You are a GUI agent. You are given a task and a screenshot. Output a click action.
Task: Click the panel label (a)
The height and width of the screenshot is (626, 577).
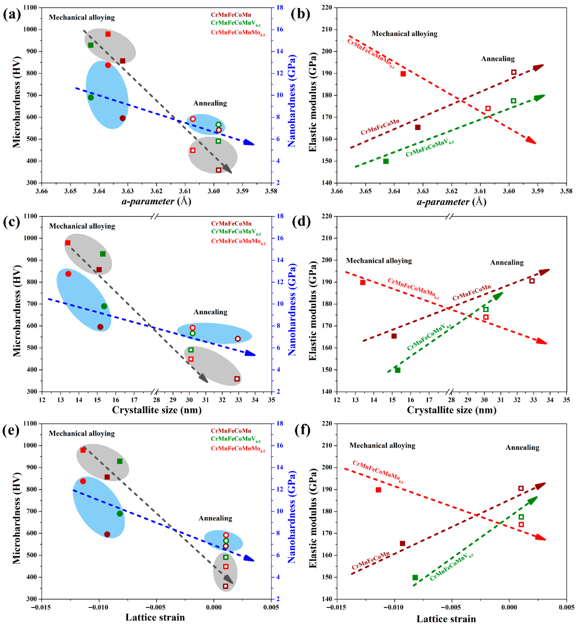(12, 14)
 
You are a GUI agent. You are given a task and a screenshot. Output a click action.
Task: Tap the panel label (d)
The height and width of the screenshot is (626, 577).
(301, 222)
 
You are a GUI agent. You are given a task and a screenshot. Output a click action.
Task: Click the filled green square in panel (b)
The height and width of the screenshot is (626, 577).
(386, 161)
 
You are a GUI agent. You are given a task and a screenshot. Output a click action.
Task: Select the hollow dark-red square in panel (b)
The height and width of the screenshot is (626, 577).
(514, 72)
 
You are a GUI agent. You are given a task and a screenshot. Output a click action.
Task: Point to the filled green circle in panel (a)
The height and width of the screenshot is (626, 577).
(91, 97)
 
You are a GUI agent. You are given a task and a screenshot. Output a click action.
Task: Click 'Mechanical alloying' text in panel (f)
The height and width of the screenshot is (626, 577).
(382, 445)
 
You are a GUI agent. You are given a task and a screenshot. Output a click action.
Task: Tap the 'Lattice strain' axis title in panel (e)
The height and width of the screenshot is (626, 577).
(155, 617)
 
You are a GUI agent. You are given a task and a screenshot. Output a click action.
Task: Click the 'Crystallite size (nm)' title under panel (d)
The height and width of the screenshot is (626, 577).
(452, 410)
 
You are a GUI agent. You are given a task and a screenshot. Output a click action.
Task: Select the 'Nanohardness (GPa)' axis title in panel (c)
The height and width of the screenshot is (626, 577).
(291, 309)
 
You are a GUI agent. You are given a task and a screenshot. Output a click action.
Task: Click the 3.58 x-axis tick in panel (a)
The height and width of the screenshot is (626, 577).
(271, 191)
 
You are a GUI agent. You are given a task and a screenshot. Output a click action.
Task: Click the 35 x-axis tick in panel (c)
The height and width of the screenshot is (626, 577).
(271, 400)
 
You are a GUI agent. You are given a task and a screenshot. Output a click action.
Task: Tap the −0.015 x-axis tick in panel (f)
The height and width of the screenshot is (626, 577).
(337, 607)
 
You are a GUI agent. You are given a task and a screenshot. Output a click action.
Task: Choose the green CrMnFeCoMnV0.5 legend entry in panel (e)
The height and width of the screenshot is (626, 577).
(236, 439)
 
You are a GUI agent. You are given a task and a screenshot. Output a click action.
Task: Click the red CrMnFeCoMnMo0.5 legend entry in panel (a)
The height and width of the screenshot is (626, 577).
(238, 33)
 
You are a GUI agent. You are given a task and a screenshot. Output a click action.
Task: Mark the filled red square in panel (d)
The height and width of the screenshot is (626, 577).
(363, 282)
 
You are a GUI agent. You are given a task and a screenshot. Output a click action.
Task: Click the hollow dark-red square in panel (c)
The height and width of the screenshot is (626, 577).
(237, 379)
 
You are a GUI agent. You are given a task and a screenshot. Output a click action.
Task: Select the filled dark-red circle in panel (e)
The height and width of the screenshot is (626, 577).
(107, 534)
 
